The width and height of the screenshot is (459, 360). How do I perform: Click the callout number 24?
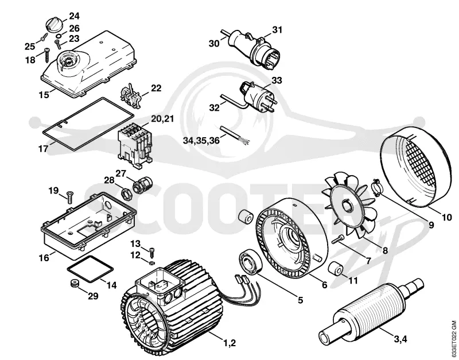pyautogui.click(x=74, y=16)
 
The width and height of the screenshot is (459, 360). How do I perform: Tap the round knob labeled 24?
pyautogui.click(x=54, y=24)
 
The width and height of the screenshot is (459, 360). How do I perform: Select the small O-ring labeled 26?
pyautogui.click(x=59, y=36)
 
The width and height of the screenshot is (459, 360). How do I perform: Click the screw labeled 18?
pyautogui.click(x=48, y=56)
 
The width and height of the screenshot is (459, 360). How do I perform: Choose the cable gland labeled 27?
pyautogui.click(x=142, y=184)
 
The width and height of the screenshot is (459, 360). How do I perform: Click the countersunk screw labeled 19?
pyautogui.click(x=70, y=197)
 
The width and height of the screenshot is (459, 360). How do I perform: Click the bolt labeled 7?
pyautogui.click(x=339, y=239)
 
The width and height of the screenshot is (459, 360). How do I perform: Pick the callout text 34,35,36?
pyautogui.click(x=201, y=140)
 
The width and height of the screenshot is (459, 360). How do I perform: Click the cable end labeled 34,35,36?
pyautogui.click(x=235, y=135)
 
